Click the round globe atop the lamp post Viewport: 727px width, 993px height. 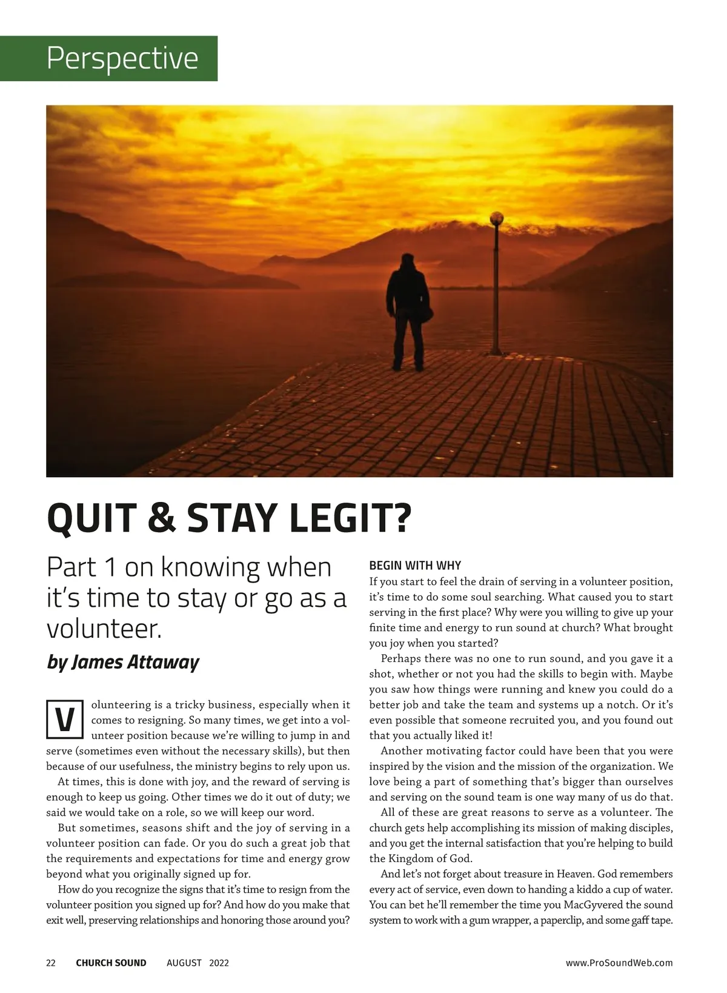point(497,217)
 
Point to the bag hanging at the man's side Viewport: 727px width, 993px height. point(426,314)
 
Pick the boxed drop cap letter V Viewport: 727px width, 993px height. point(64,720)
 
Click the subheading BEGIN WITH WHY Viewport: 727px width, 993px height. point(415,566)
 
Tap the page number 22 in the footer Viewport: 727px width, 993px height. point(51,963)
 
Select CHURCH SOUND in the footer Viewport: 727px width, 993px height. point(111,963)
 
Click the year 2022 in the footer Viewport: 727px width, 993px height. point(219,963)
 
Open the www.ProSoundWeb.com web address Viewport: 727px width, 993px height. point(619,963)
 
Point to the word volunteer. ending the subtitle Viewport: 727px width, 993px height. point(104,629)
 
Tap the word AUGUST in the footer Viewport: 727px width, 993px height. point(184,963)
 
